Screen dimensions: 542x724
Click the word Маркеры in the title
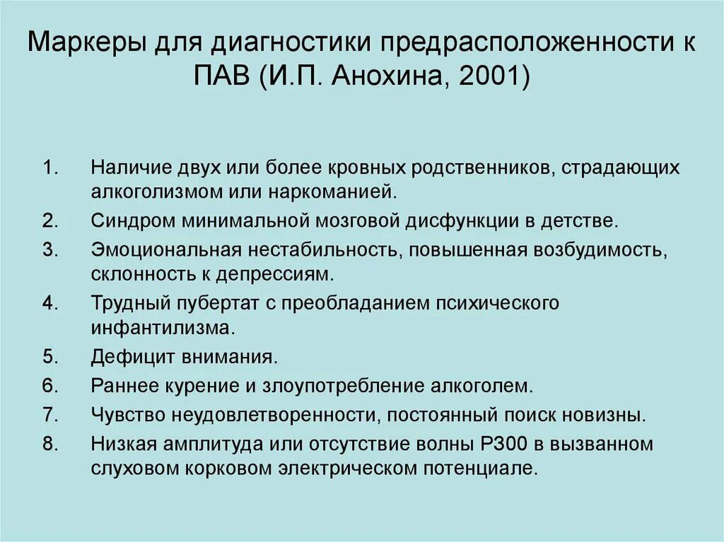[84, 45]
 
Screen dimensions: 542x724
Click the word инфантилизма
[160, 326]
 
